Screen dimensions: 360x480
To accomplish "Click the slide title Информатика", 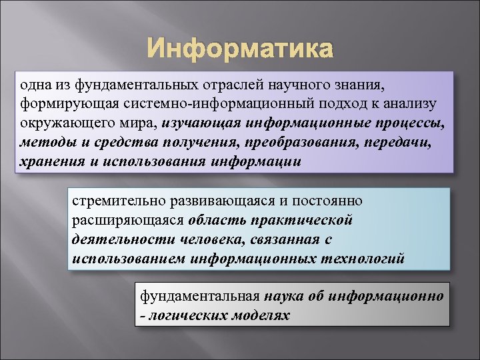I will click(x=239, y=49).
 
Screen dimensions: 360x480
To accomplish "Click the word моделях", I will click(x=259, y=315).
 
